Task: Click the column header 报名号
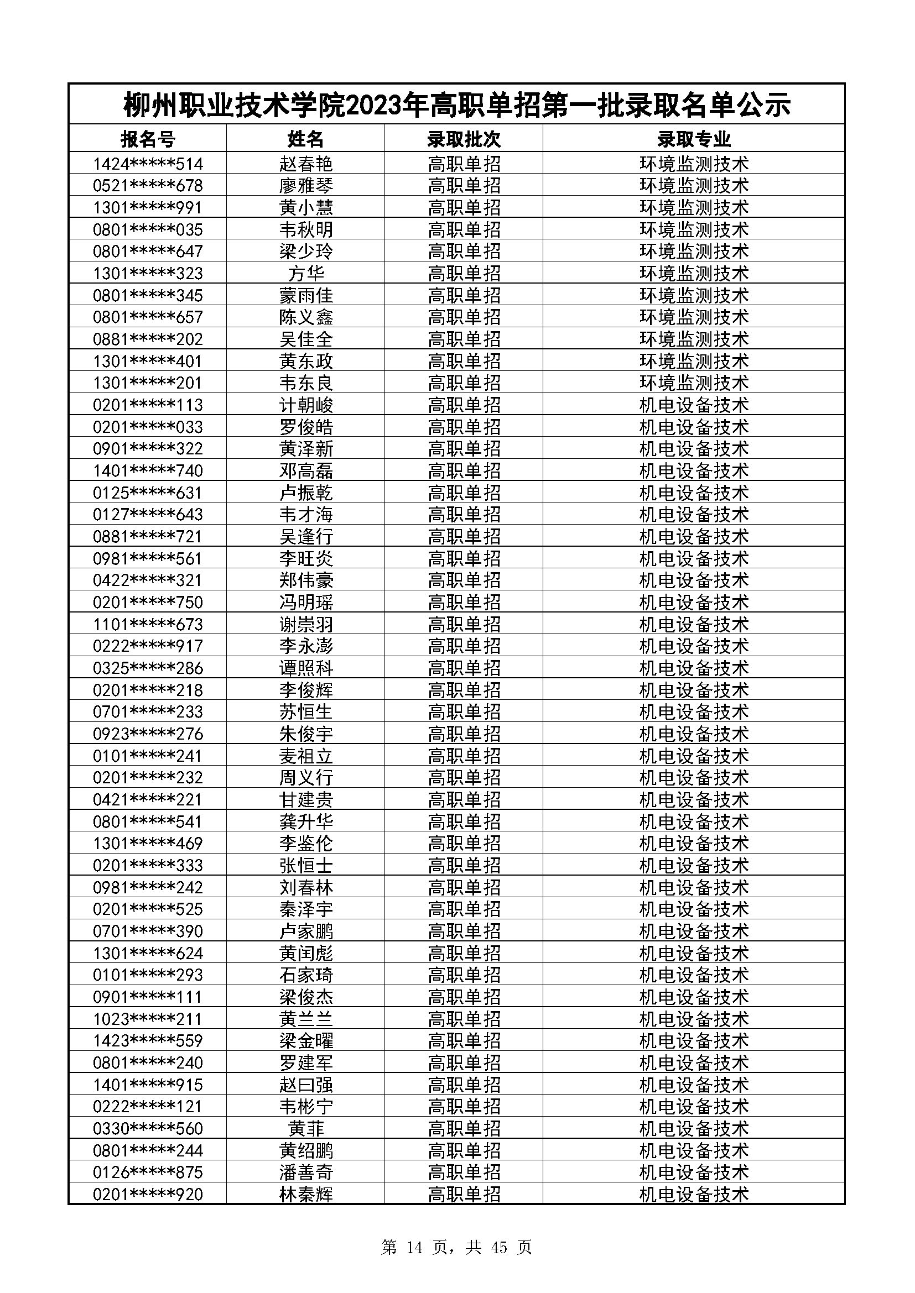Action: tap(148, 139)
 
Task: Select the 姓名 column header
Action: tap(306, 139)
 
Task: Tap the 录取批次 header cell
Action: tap(464, 139)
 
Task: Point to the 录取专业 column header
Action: tap(694, 139)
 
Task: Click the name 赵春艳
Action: tap(306, 164)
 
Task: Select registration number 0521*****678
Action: tap(148, 186)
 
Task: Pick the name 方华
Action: tap(306, 274)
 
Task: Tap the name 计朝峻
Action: tap(306, 405)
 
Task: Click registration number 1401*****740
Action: tap(148, 471)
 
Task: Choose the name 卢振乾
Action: tap(306, 493)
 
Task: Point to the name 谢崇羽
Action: tap(306, 625)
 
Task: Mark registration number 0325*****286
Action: tap(148, 668)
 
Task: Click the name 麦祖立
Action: tap(306, 756)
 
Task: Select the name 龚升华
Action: tap(306, 821)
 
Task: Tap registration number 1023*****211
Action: tap(148, 1019)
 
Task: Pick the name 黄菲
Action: tap(306, 1129)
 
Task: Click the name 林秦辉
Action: tap(306, 1195)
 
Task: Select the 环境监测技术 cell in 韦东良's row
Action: tap(694, 383)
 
